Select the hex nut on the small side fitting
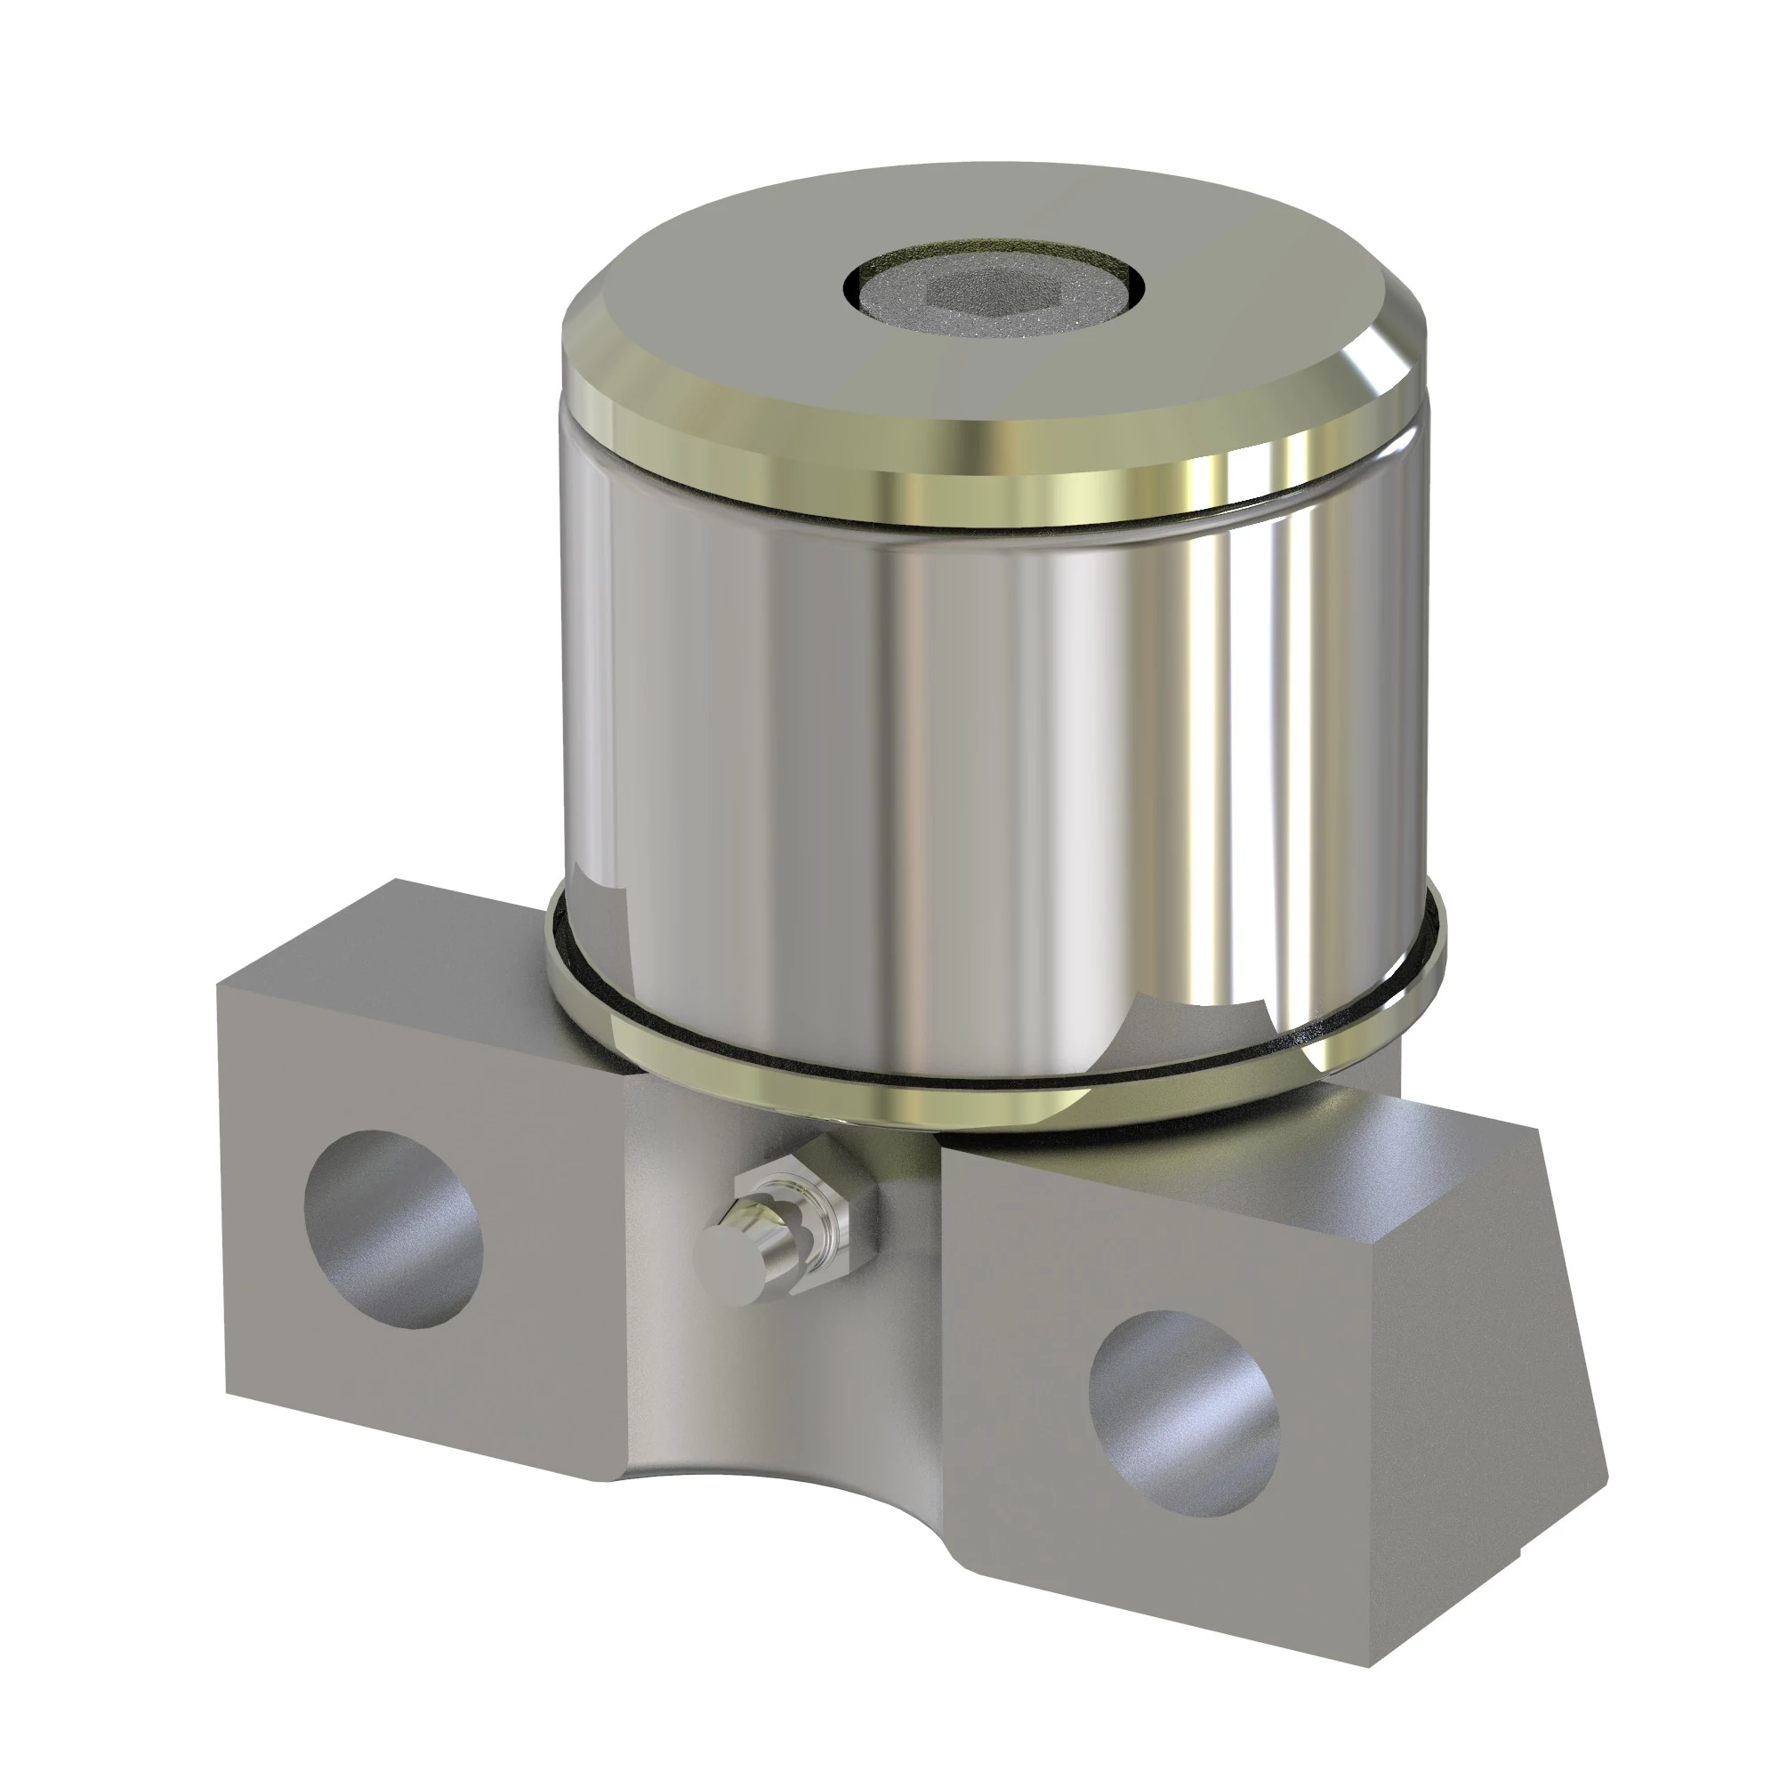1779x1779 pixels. (x=833, y=1187)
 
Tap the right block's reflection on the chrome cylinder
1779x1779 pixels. (x=1197, y=1022)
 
